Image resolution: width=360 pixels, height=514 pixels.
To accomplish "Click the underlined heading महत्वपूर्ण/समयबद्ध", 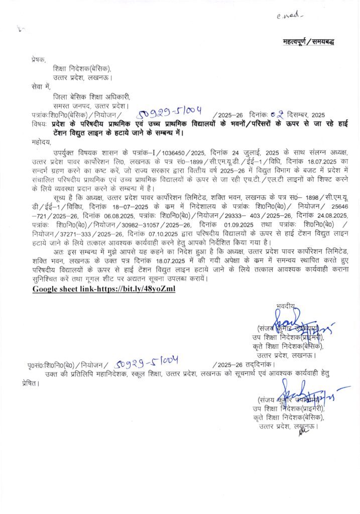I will click(x=308, y=41).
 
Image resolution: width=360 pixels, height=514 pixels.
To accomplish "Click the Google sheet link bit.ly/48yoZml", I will click(x=104, y=289).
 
